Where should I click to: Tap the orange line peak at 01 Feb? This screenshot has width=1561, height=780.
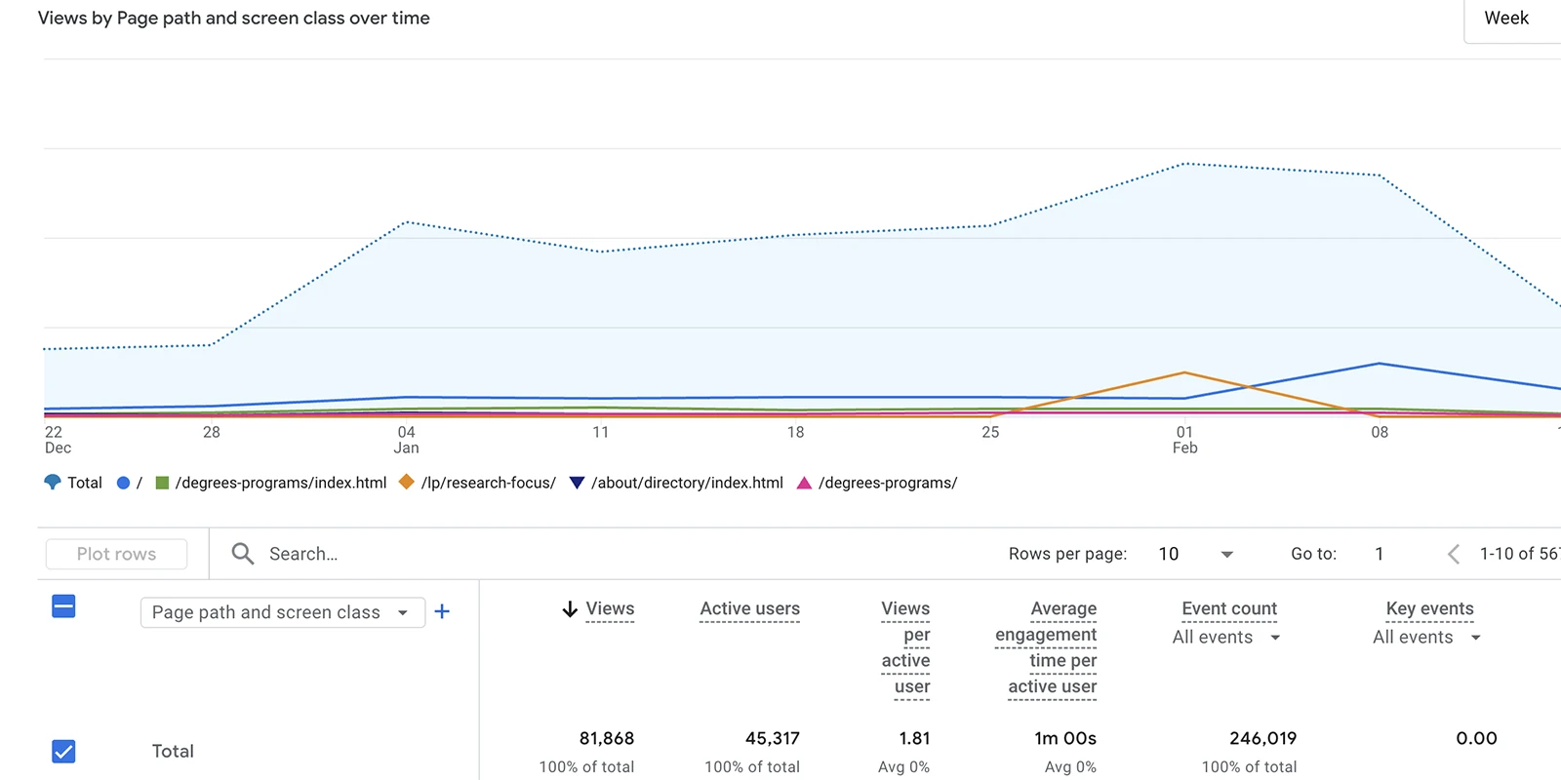pos(1184,372)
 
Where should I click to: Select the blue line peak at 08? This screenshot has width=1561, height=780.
pos(1379,364)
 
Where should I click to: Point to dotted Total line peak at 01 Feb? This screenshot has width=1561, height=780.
pos(1184,164)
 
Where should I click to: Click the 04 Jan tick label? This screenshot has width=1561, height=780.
pos(406,440)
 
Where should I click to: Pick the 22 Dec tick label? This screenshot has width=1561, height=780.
pos(57,440)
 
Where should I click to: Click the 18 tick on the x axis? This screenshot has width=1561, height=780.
pos(795,432)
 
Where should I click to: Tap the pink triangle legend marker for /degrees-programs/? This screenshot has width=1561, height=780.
pos(804,483)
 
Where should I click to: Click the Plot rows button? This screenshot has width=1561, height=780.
pos(116,554)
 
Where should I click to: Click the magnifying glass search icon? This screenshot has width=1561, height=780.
pos(242,554)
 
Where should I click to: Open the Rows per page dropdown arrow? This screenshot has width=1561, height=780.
pos(1226,554)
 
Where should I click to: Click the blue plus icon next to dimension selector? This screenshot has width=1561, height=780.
pos(442,611)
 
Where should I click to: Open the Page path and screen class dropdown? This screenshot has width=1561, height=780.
pos(281,612)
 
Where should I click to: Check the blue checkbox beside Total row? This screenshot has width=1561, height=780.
pos(63,751)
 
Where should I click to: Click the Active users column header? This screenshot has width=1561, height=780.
pos(749,608)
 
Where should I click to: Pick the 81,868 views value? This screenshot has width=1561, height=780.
pos(606,738)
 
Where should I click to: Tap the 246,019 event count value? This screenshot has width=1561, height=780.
pos(1262,738)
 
